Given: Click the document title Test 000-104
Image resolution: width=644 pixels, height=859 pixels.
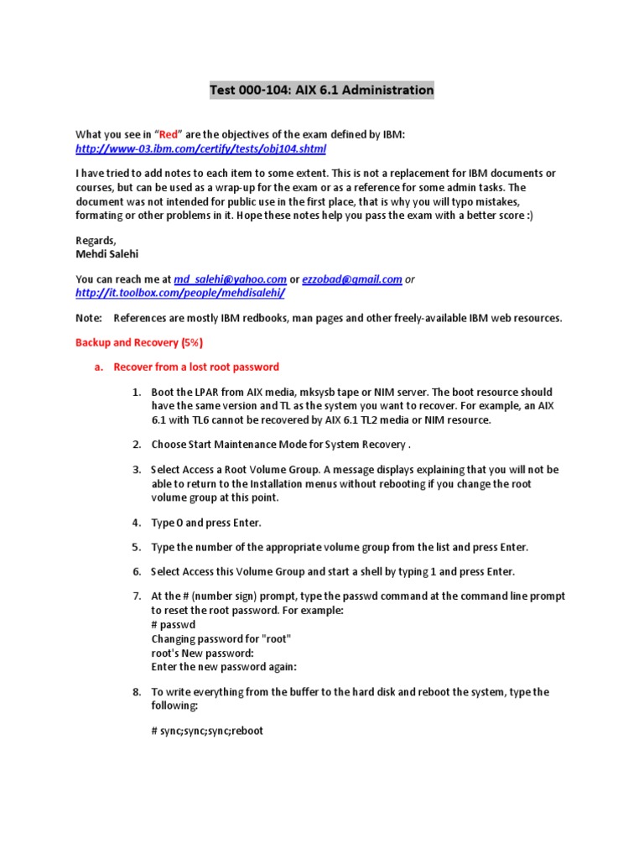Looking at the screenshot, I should coord(321,90).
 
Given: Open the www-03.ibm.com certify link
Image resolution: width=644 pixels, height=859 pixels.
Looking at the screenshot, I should coord(200,148).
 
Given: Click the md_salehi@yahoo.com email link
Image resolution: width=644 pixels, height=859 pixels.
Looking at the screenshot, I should coord(230,279).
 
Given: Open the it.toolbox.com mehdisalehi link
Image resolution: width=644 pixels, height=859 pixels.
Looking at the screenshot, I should coord(180,292).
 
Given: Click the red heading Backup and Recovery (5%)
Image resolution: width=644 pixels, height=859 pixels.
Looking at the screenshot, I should coord(139,342).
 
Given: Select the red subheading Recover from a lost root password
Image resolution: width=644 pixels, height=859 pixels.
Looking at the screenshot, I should coord(196,367).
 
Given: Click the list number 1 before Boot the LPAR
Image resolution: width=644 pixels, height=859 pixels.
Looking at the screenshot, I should coord(137,392).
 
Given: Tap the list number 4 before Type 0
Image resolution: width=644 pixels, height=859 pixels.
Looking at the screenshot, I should coord(137,523).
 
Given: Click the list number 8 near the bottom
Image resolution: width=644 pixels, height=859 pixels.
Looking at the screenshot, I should coord(137,692).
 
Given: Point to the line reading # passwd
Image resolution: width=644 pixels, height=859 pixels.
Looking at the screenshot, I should coord(174,625).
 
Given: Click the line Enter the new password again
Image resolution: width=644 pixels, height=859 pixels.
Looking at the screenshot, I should coord(224,667).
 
